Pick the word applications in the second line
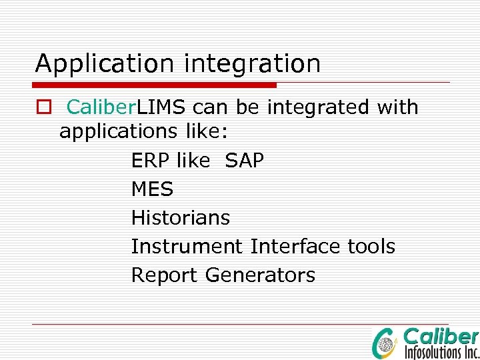116,133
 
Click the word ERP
151,161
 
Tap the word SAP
245,161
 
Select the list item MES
152,189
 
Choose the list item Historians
180,218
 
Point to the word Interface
296,247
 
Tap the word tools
371,247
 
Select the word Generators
260,275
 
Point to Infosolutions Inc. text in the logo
441,351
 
